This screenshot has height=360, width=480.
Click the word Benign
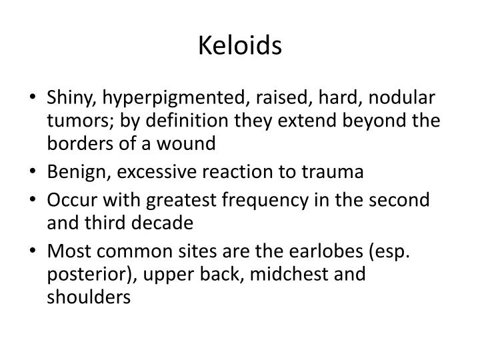click(x=71, y=173)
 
